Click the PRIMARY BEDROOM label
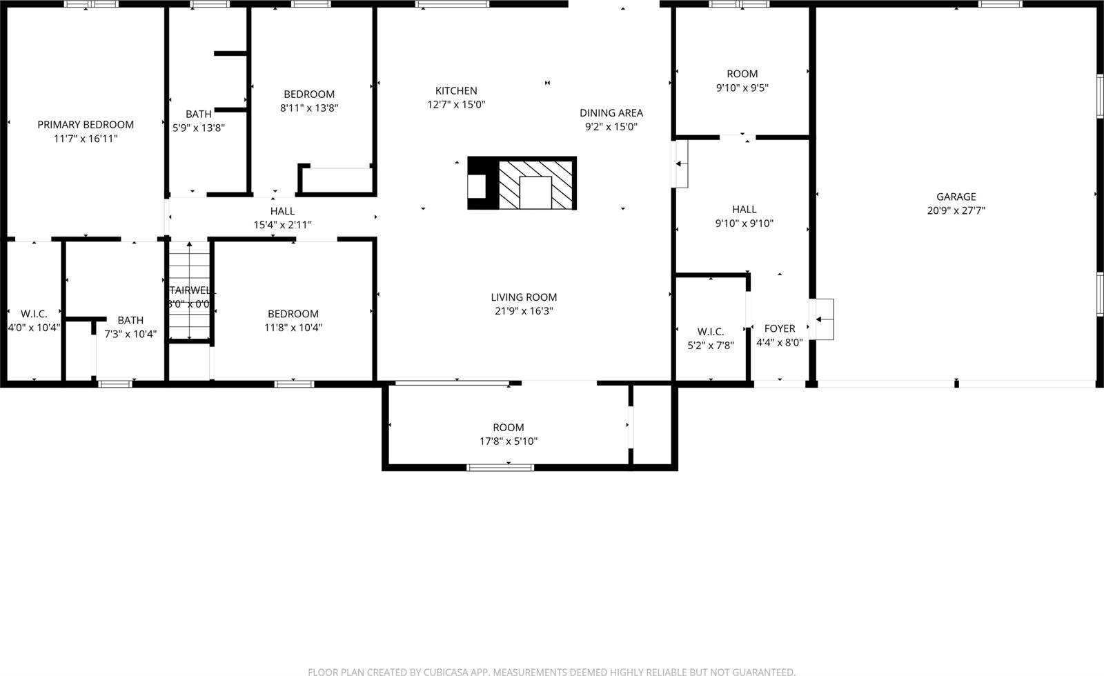pyautogui.click(x=86, y=125)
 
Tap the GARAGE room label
pyautogui.click(x=956, y=197)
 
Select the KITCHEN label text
pyautogui.click(x=456, y=91)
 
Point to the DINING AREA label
pyautogui.click(x=611, y=113)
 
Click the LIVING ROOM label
pyautogui.click(x=524, y=297)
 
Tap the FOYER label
pyautogui.click(x=779, y=328)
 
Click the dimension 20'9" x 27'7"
pyautogui.click(x=956, y=211)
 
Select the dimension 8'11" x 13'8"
pyautogui.click(x=309, y=108)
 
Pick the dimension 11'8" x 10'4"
pyautogui.click(x=293, y=328)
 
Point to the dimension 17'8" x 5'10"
pyautogui.click(x=509, y=441)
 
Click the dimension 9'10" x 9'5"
pyautogui.click(x=742, y=88)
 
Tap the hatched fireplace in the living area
pyautogui.click(x=535, y=183)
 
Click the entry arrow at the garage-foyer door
pyautogui.click(x=819, y=319)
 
